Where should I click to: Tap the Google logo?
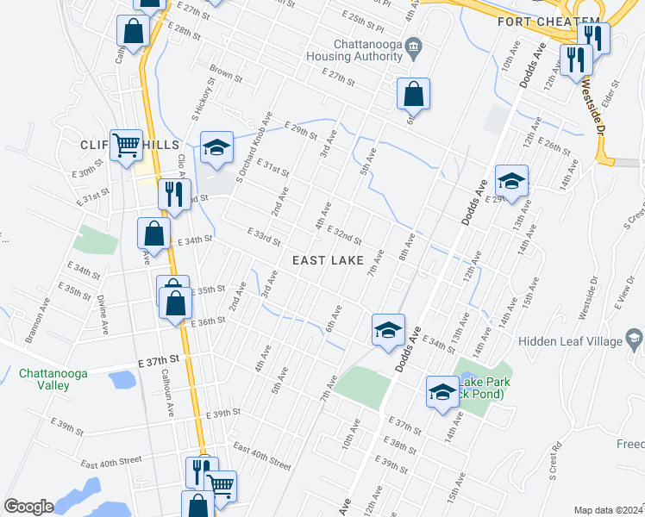point(29,507)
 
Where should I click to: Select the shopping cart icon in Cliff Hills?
point(127,146)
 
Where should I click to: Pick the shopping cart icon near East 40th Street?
point(222,487)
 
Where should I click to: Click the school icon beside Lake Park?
point(442,392)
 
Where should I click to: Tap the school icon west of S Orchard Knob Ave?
point(216,147)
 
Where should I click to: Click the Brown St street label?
point(226,76)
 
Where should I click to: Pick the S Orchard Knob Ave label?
point(256,147)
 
